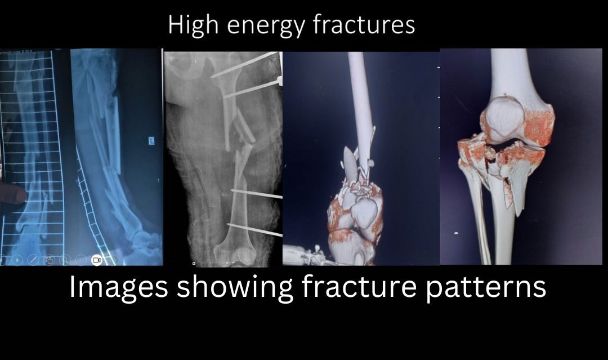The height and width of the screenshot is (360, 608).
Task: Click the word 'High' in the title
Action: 193,25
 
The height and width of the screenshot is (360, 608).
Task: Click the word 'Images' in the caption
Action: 119,288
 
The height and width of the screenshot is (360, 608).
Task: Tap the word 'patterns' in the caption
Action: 486,287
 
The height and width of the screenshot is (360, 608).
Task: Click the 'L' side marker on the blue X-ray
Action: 151,141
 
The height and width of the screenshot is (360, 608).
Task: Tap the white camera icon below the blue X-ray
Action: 97,260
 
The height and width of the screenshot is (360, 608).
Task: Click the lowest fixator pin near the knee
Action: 254,230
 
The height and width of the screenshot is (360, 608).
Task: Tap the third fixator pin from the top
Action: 256,194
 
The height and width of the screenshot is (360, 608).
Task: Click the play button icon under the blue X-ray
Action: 17,260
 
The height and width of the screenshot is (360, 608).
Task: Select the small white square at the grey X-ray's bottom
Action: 194,264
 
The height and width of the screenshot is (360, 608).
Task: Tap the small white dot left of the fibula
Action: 456,233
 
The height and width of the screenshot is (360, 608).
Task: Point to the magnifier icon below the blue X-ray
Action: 65,260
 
